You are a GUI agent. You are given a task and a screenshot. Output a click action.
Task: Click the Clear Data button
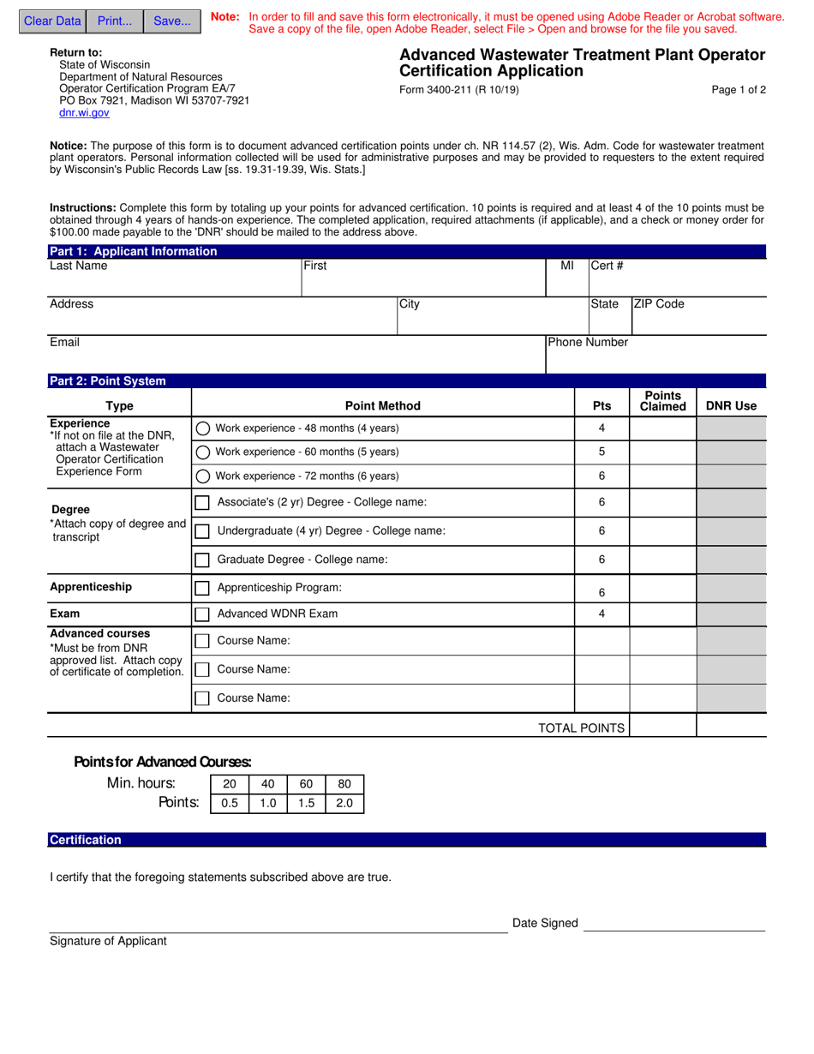coord(52,21)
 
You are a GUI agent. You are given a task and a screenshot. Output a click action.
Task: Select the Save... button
coord(172,21)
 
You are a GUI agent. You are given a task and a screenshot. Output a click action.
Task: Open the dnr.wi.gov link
coord(84,112)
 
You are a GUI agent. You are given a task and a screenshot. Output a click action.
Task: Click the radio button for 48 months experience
coord(203,428)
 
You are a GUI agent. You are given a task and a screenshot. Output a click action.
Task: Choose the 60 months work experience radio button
coord(203,452)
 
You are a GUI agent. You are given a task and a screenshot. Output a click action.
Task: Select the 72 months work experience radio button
coord(203,476)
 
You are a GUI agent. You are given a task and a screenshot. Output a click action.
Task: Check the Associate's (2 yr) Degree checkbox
coord(202,503)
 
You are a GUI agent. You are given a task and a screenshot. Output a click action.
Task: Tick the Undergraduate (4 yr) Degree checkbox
coord(202,531)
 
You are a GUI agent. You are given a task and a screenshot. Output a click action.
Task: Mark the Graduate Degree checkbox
coord(202,560)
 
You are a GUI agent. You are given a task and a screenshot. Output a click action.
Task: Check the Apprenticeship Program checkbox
coord(202,589)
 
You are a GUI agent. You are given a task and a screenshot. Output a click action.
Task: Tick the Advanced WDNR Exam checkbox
coord(202,614)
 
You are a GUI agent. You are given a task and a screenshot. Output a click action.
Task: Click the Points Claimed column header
coord(662,401)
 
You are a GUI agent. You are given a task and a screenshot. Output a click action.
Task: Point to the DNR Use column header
coord(731,406)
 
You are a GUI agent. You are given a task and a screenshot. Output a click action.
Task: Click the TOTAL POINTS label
coord(581,728)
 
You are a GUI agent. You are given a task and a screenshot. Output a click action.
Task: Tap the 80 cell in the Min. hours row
coord(344,784)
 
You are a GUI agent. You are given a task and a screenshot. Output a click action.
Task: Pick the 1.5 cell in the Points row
coord(306,803)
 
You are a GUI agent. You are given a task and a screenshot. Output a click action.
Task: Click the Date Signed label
coord(545,923)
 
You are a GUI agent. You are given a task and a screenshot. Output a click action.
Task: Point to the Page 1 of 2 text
coord(739,90)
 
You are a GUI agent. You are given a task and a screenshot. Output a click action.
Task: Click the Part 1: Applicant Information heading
coord(134,252)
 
